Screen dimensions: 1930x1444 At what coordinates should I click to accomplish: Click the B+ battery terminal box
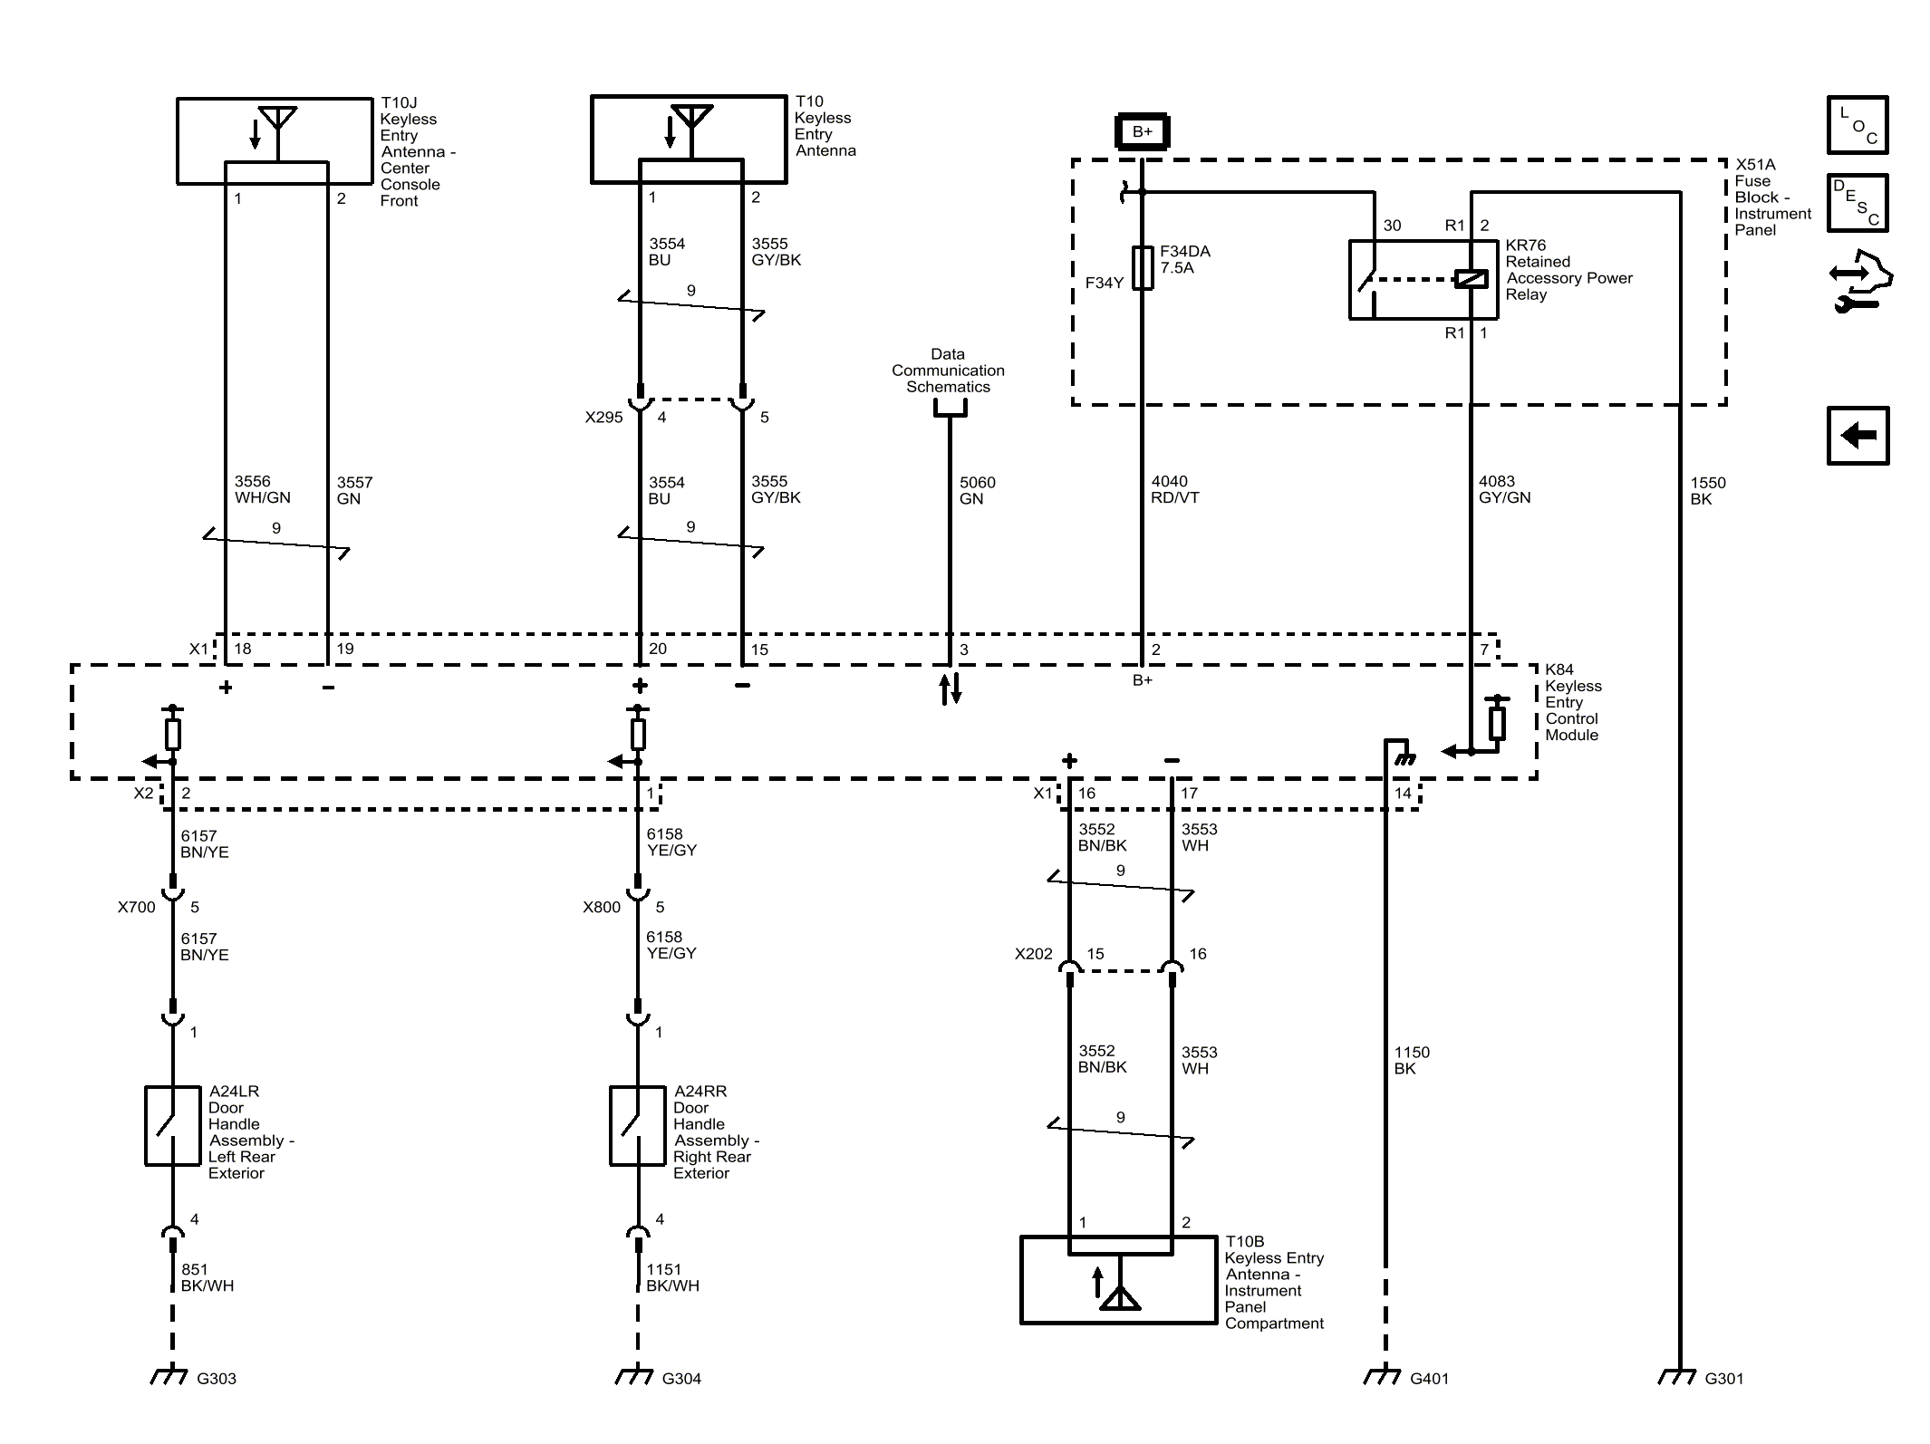pyautogui.click(x=1142, y=131)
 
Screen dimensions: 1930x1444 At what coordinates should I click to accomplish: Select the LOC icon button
pyautogui.click(x=1858, y=124)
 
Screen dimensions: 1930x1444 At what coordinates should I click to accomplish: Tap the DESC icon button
pyautogui.click(x=1858, y=203)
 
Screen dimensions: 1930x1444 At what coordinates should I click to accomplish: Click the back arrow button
pyautogui.click(x=1858, y=436)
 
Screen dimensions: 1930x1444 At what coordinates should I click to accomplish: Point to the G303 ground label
pyautogui.click(x=217, y=1379)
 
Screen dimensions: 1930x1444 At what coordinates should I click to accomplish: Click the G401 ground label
pyautogui.click(x=1430, y=1379)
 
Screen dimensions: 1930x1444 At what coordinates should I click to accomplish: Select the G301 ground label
pyautogui.click(x=1724, y=1379)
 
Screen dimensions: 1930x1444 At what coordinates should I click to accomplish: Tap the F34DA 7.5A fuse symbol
pyautogui.click(x=1143, y=267)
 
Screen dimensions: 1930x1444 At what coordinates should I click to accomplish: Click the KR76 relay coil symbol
pyautogui.click(x=1471, y=279)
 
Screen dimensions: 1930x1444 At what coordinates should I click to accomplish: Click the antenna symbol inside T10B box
pyautogui.click(x=1120, y=1298)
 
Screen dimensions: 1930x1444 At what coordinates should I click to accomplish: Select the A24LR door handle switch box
pyautogui.click(x=172, y=1126)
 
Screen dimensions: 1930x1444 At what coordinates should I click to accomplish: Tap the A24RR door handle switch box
pyautogui.click(x=638, y=1126)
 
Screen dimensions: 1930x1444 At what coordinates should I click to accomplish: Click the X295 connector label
pyautogui.click(x=603, y=418)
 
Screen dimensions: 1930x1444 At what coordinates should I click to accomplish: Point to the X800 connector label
pyautogui.click(x=602, y=908)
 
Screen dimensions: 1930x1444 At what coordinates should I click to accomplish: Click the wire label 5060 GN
pyautogui.click(x=978, y=490)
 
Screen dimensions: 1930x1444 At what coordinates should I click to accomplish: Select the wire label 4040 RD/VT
pyautogui.click(x=1175, y=489)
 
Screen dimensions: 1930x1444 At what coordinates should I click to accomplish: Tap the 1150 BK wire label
pyautogui.click(x=1412, y=1060)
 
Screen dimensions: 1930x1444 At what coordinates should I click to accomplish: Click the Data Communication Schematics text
pyautogui.click(x=948, y=371)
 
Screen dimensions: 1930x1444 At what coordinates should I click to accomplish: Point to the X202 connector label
pyautogui.click(x=1034, y=954)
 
